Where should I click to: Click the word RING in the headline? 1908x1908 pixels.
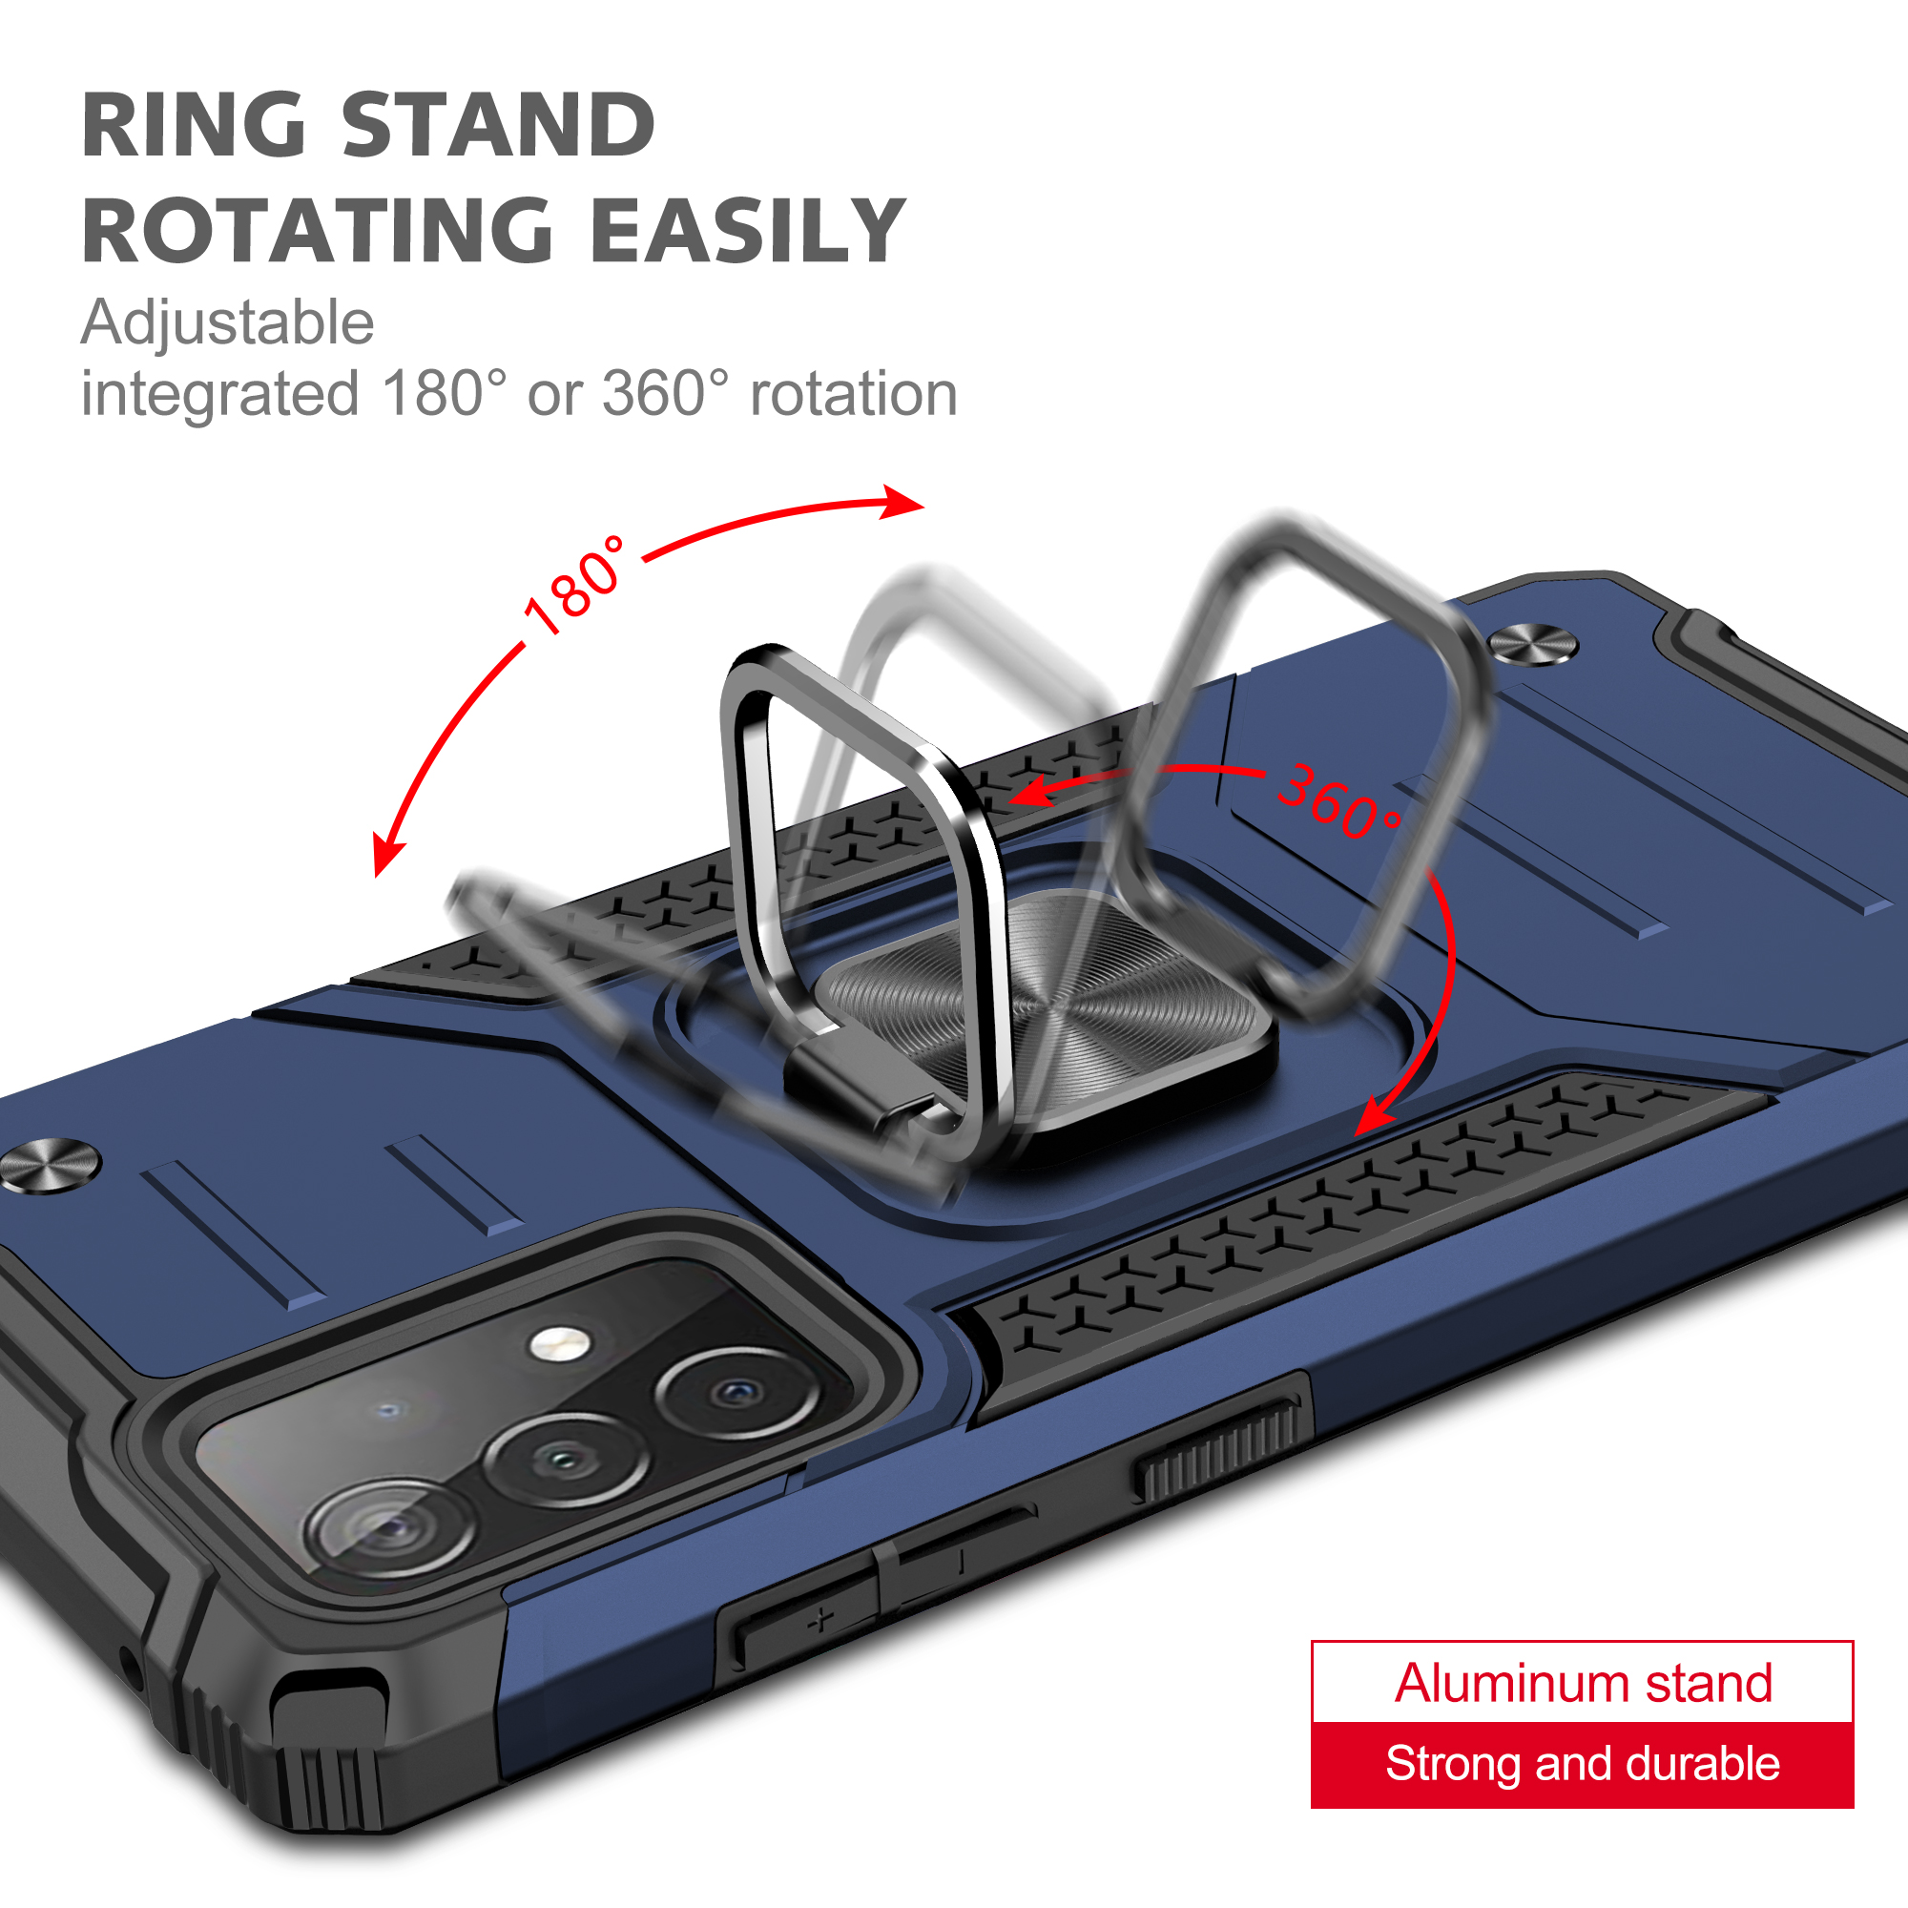194,124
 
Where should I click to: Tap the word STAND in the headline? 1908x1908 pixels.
499,124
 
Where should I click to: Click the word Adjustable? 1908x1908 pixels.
227,324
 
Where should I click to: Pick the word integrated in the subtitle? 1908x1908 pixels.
219,395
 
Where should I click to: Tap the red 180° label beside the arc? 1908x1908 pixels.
574,586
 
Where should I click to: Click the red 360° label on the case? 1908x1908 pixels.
1339,801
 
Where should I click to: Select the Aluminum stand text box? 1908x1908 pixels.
1582,1682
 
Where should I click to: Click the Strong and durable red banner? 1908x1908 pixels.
1582,1765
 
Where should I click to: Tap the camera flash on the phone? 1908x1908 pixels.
559,1342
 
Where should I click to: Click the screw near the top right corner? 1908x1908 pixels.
1533,645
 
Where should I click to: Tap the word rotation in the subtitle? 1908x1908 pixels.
854,395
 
